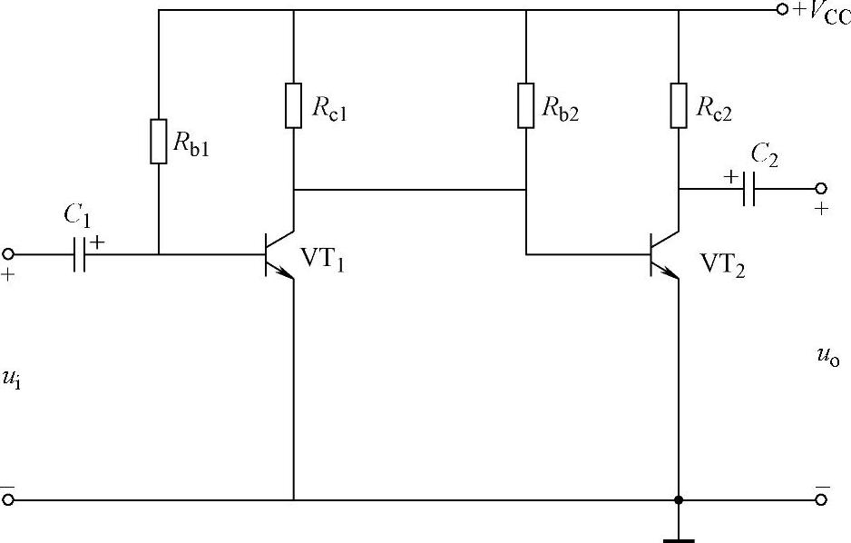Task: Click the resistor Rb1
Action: tap(159, 141)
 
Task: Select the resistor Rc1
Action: tap(294, 104)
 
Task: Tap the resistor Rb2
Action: tap(526, 104)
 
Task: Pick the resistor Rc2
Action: tap(679, 104)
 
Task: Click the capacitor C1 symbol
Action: tap(81, 255)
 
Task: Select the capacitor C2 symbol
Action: tap(748, 189)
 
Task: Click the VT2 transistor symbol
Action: tap(666, 254)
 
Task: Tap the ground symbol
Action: tap(679, 536)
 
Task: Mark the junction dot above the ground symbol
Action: tap(679, 499)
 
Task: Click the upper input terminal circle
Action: tap(9, 254)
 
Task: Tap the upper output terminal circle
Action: tap(821, 189)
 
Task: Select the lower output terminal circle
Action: tap(821, 499)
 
